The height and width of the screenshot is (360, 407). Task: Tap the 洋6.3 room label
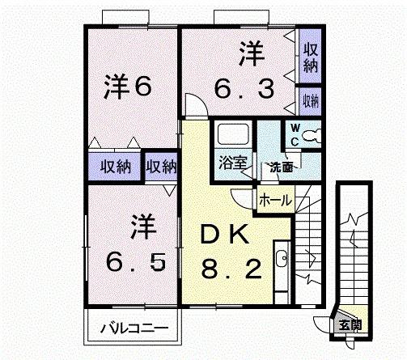(243, 72)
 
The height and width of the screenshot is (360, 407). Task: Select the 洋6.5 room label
(138, 242)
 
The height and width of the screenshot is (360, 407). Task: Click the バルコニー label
(134, 329)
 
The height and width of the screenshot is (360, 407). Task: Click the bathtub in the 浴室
(233, 133)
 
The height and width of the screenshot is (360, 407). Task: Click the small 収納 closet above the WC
(310, 101)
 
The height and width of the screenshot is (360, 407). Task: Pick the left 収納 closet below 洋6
(116, 167)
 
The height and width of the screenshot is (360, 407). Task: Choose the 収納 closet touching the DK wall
(161, 167)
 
